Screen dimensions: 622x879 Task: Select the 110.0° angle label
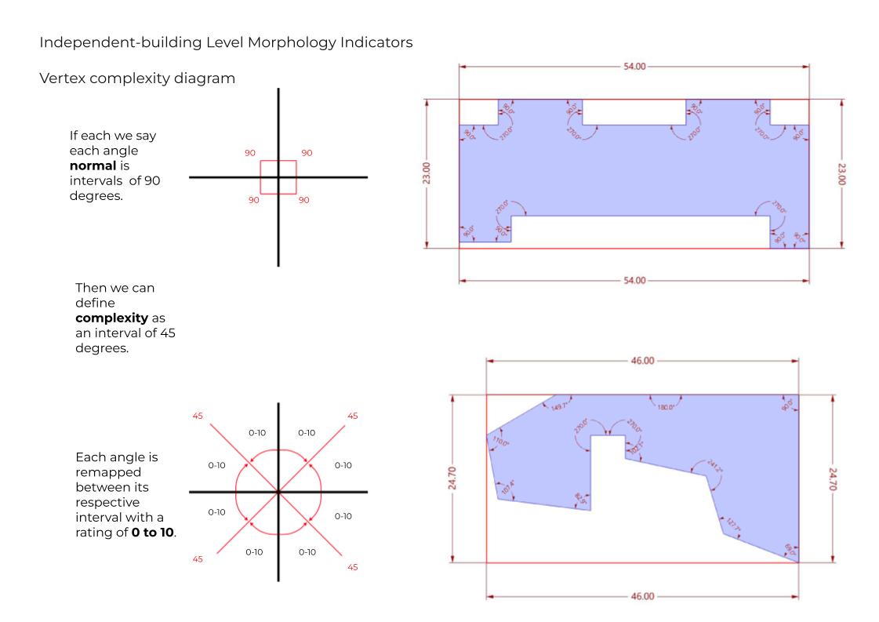500,442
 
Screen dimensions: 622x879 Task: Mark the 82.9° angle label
580,497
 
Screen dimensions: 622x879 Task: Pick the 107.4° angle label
508,486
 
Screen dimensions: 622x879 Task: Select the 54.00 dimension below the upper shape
634,280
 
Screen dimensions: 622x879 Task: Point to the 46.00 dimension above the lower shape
642,361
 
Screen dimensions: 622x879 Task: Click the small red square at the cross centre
278,177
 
